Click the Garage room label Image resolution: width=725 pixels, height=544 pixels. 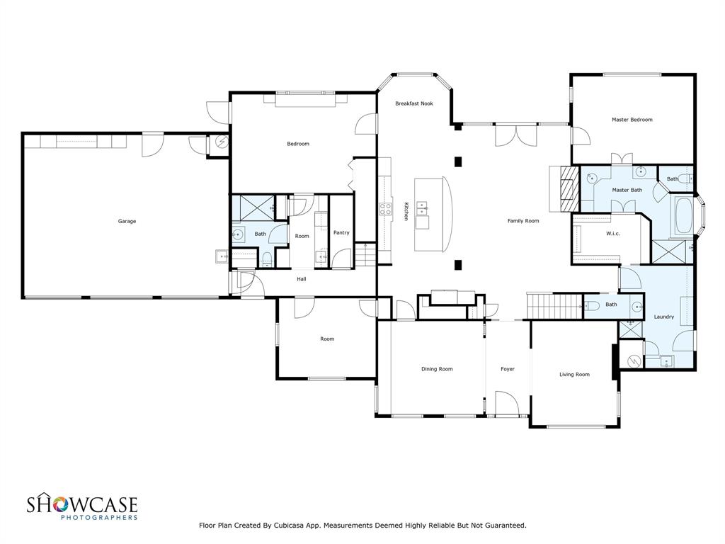127,221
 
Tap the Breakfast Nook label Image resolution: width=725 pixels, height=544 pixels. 414,103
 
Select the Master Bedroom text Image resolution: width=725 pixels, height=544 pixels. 632,120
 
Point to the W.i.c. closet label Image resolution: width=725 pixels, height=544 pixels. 613,233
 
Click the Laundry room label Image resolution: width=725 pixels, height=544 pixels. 663,317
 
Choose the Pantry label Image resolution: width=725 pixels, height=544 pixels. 341,232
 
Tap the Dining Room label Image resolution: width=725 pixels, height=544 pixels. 437,368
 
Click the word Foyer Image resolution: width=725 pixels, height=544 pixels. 508,368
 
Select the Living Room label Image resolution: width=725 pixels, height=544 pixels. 574,374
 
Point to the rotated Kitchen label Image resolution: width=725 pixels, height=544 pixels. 406,211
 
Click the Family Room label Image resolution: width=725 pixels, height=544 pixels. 523,221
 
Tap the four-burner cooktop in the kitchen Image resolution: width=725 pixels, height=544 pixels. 387,208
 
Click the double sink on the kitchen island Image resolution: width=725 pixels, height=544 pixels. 423,208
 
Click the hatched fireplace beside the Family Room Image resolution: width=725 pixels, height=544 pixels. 566,188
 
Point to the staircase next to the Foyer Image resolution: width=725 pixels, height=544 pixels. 553,307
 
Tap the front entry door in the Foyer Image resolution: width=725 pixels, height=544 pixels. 507,403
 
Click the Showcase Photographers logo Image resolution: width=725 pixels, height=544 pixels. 82,507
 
